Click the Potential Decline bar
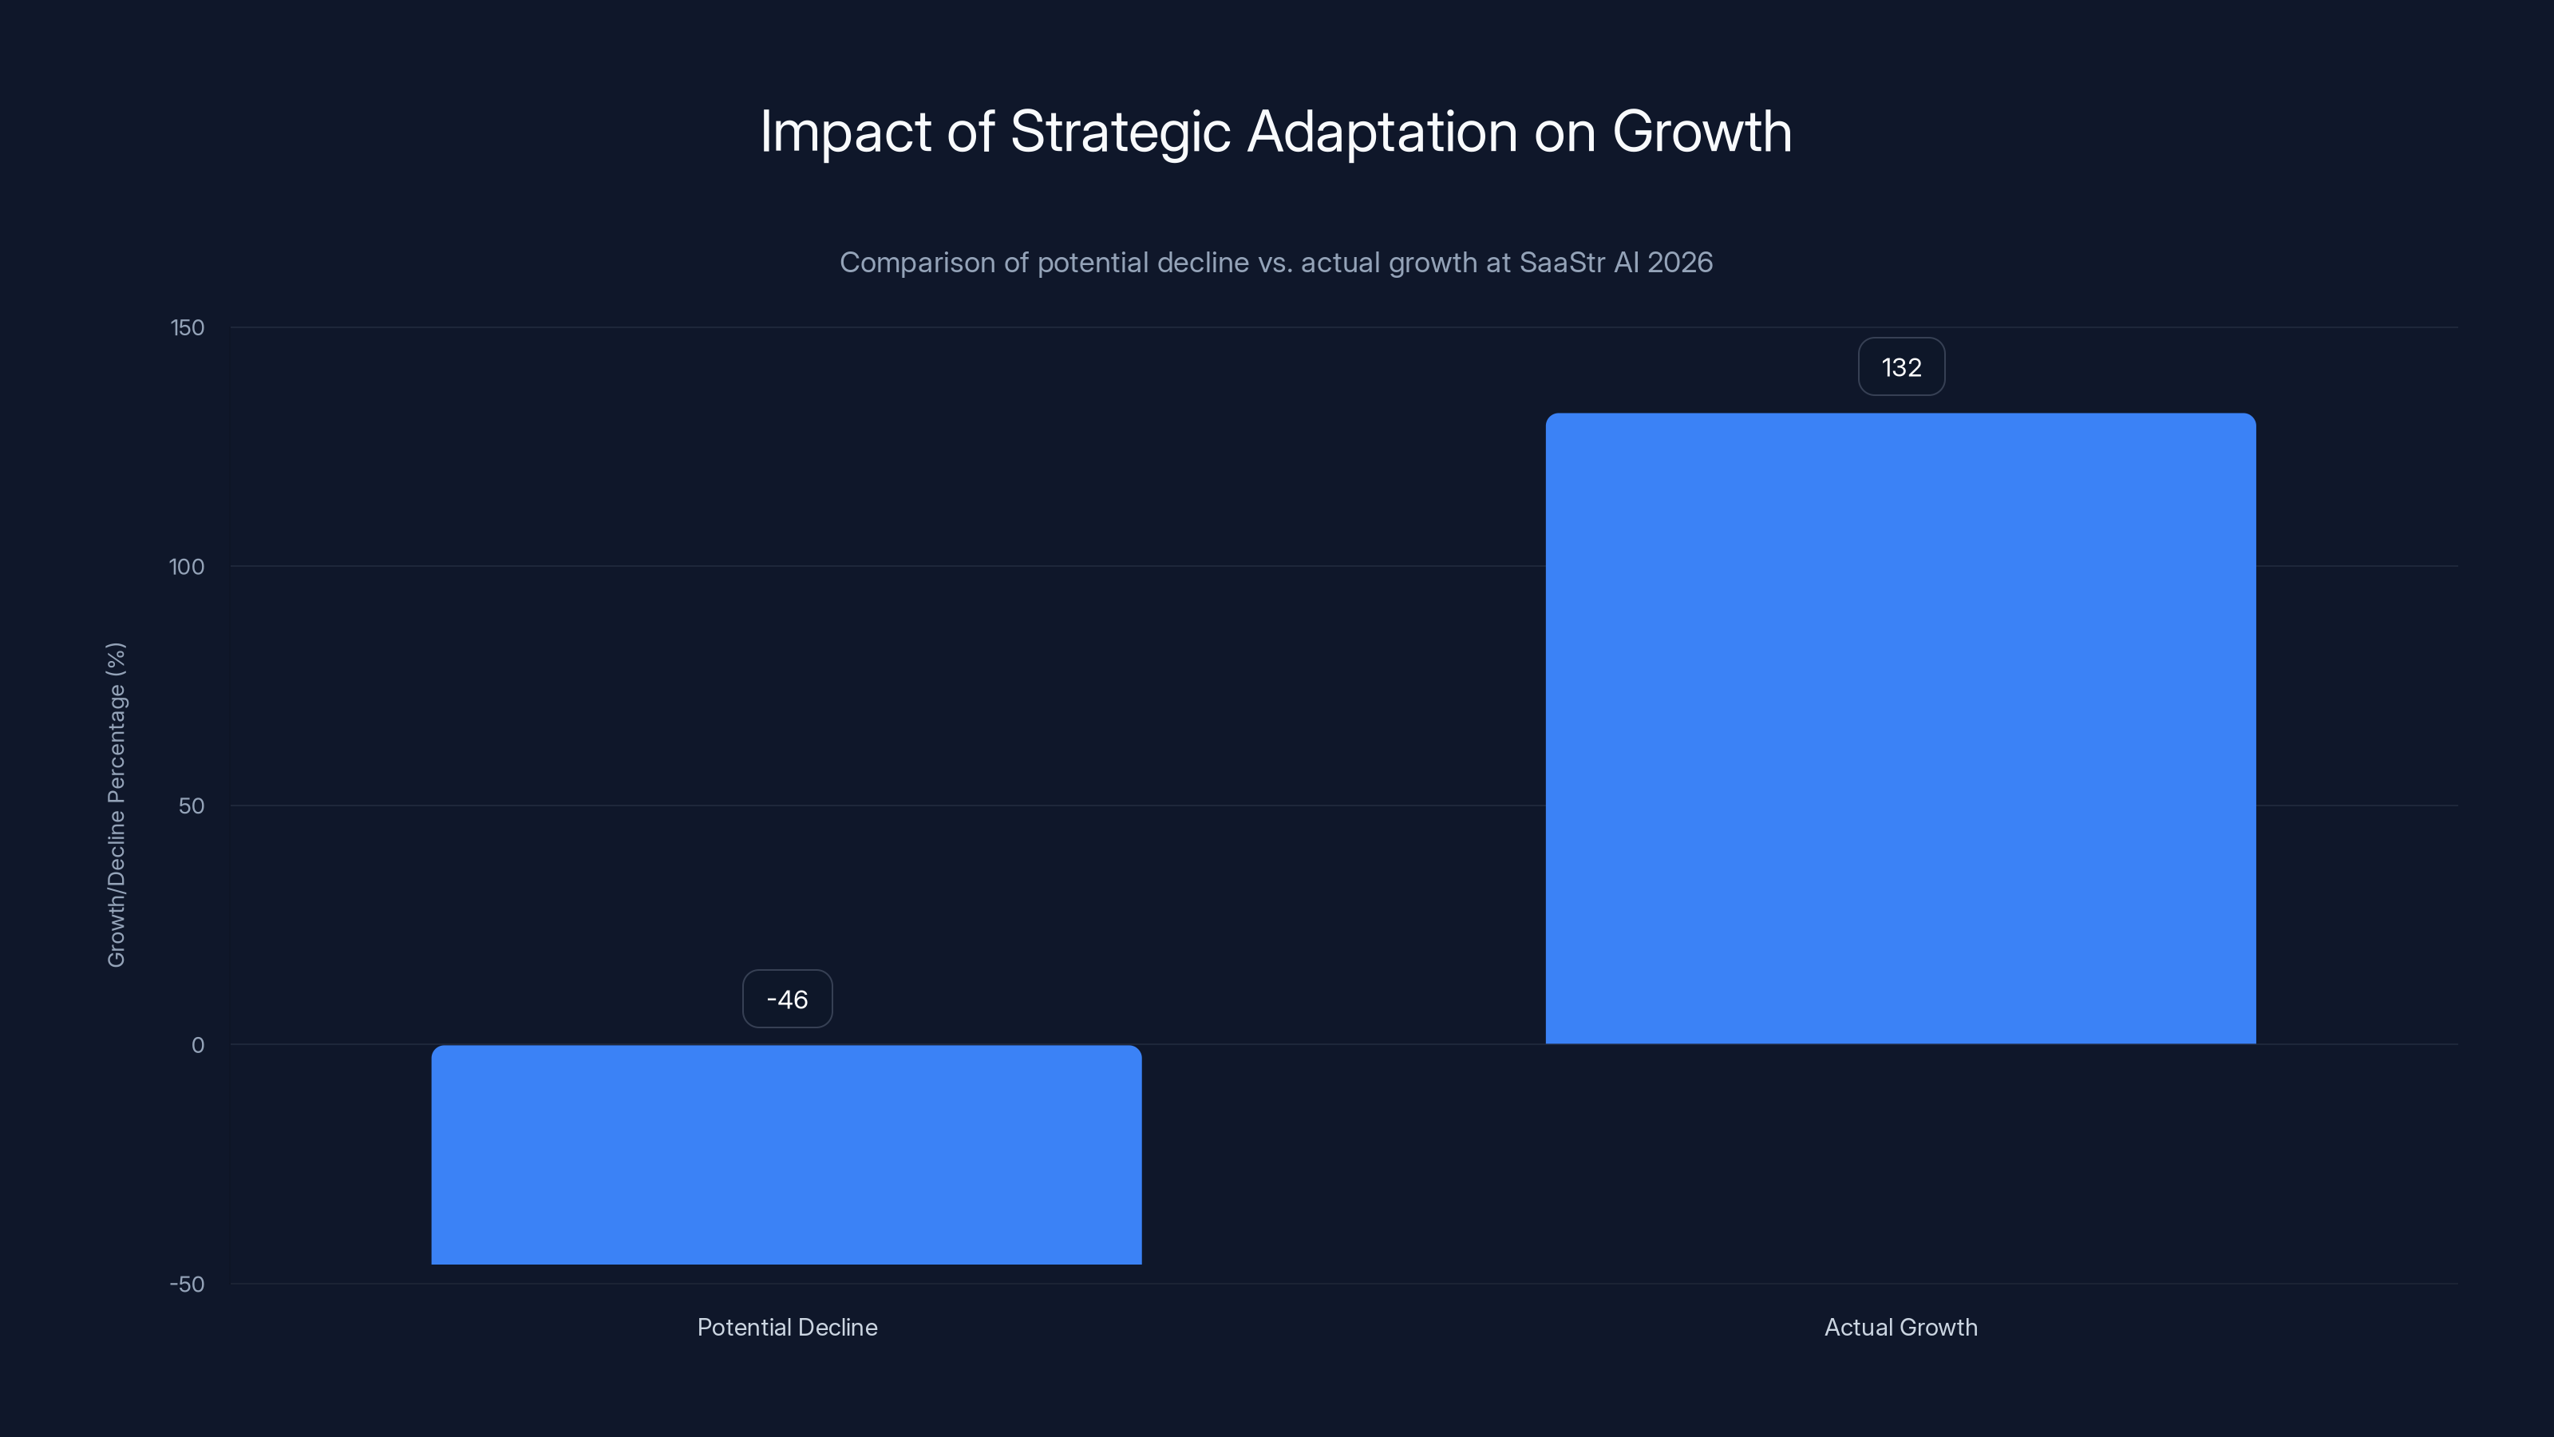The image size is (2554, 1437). coord(786,1154)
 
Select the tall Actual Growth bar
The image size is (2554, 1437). coord(1900,729)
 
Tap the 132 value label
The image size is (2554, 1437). coord(1900,368)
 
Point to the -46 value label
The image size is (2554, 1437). coord(787,1000)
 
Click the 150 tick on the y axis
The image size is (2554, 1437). coord(188,328)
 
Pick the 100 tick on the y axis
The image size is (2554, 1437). coord(187,568)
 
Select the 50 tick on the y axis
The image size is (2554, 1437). coord(192,806)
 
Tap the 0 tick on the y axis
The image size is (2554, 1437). coord(197,1045)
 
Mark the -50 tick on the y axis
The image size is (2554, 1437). coord(187,1285)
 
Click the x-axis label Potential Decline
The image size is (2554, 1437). coord(787,1328)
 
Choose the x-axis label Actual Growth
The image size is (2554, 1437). coord(1900,1328)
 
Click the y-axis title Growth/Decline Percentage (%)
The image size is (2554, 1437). coord(116,804)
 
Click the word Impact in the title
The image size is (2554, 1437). coord(844,132)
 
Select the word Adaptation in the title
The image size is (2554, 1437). coord(1381,132)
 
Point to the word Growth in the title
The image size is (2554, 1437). coord(1702,132)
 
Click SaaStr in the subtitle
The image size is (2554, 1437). coord(1562,263)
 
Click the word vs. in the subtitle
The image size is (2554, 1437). coord(1275,263)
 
